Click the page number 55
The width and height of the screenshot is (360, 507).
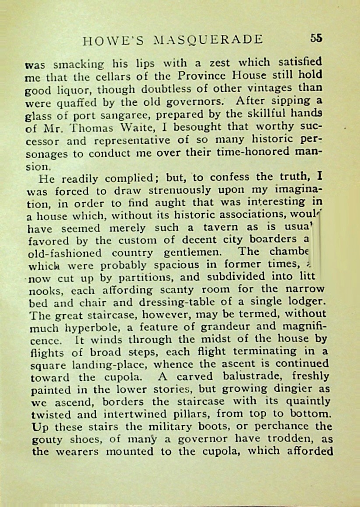[316, 38]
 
